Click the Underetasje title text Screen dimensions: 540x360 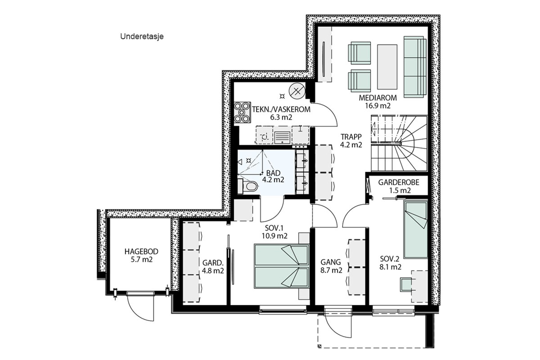[x=142, y=37]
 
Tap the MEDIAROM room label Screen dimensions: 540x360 [x=378, y=98]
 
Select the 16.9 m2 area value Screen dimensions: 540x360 [x=378, y=106]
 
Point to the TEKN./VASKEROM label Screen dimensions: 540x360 [x=281, y=109]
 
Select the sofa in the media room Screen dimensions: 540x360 [x=415, y=67]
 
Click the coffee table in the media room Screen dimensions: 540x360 [x=387, y=67]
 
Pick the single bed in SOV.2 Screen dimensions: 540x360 [x=416, y=229]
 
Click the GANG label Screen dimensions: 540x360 [x=331, y=262]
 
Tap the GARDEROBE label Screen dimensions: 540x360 [x=399, y=182]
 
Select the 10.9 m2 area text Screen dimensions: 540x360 [x=274, y=236]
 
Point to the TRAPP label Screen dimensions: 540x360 [x=351, y=137]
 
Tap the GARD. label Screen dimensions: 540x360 [x=213, y=263]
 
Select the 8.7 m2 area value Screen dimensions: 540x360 [x=331, y=270]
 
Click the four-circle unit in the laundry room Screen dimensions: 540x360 [x=242, y=113]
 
